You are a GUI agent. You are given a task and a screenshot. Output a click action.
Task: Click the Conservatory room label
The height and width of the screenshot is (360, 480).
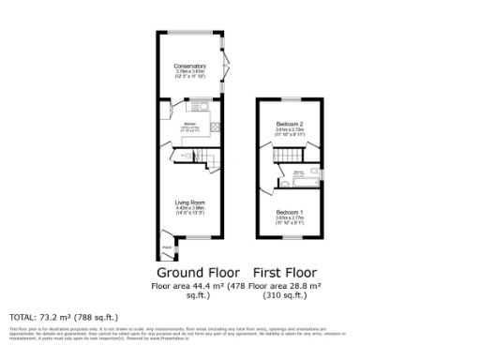tap(190, 66)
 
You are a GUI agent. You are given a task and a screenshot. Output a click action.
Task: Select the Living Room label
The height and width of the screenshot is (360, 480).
tap(190, 202)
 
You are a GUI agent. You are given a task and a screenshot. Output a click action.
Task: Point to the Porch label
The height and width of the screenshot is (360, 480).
tap(166, 247)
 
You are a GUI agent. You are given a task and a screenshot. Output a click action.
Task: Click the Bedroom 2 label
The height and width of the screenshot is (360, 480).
tap(289, 124)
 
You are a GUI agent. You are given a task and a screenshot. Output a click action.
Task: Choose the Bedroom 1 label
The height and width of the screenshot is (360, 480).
tap(289, 214)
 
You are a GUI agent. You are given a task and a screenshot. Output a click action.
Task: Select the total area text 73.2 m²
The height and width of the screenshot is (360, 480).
tap(64, 317)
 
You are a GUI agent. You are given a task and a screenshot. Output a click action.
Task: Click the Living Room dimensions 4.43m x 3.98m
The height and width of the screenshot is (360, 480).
tap(190, 210)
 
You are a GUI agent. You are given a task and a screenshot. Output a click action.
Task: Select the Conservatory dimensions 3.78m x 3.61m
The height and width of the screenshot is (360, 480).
tap(190, 72)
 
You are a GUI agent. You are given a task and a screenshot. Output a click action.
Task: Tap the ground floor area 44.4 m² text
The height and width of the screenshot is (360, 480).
tap(191, 285)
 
